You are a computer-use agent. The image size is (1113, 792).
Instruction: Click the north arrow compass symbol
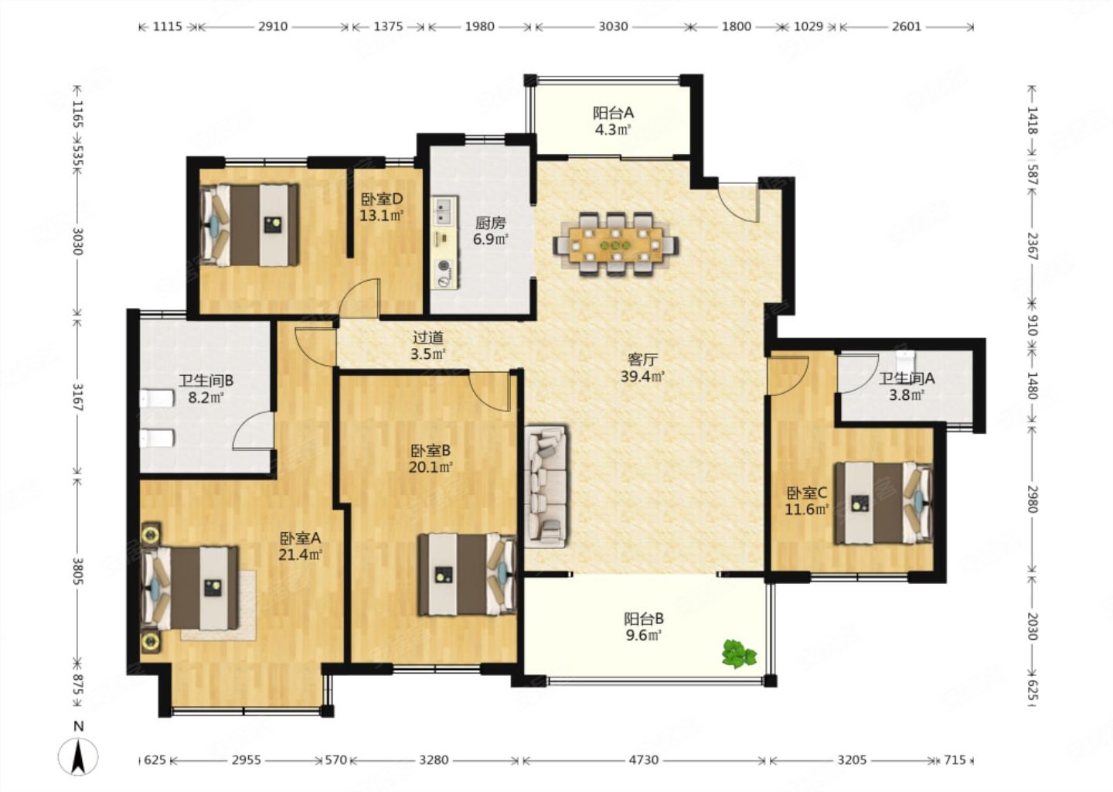click(78, 756)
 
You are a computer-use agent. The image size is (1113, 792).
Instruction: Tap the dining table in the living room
click(616, 244)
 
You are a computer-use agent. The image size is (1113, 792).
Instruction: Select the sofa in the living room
click(546, 486)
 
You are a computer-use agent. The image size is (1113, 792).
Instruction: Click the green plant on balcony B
click(739, 654)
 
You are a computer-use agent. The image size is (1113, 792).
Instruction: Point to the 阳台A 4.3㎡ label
click(613, 121)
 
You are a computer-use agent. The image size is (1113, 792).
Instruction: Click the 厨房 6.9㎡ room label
click(490, 230)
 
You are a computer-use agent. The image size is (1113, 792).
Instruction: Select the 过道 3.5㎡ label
click(428, 346)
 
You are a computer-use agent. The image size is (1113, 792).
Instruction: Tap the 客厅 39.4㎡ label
click(642, 368)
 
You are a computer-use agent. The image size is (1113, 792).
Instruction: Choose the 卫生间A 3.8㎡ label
click(907, 387)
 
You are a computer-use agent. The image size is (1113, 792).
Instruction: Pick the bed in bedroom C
click(883, 504)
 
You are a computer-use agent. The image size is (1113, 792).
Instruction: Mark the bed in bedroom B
click(467, 575)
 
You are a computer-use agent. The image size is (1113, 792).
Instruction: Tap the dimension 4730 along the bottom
click(643, 760)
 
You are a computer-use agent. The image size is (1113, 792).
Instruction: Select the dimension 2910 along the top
click(272, 26)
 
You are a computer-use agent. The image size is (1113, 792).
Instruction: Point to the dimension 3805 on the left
click(77, 572)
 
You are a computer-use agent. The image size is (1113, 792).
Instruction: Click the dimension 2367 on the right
click(1032, 246)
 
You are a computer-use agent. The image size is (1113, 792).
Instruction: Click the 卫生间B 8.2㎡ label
click(206, 389)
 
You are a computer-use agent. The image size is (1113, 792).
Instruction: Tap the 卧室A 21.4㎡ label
click(300, 546)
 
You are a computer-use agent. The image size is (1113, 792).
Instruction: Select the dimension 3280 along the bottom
click(434, 760)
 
